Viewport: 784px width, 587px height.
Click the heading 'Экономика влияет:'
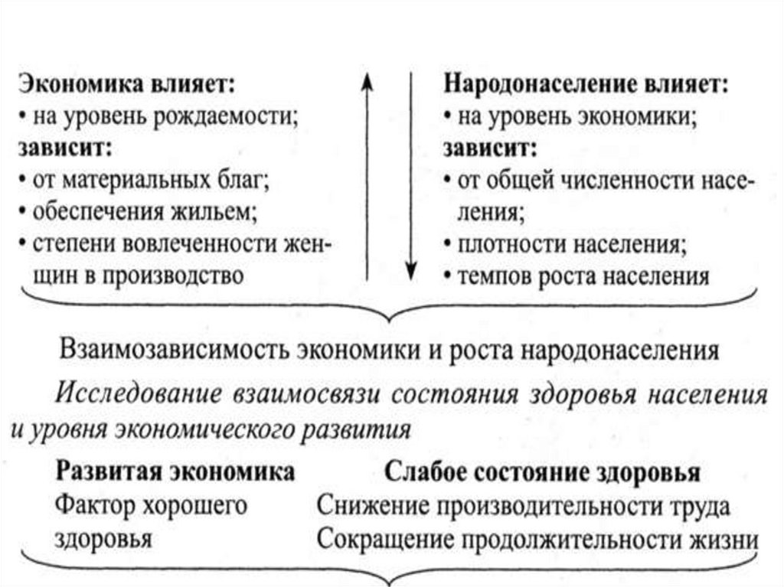[127, 84]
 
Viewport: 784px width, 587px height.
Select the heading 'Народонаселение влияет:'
[586, 83]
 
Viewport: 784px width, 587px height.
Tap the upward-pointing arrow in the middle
[366, 176]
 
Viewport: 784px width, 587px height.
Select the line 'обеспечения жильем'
[142, 212]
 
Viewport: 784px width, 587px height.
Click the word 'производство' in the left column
[183, 276]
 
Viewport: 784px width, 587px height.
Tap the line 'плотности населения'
[570, 245]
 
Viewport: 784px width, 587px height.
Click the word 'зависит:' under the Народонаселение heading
[488, 148]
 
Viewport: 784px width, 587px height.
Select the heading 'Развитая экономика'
[175, 471]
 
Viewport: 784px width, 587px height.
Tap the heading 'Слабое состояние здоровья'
[543, 472]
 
